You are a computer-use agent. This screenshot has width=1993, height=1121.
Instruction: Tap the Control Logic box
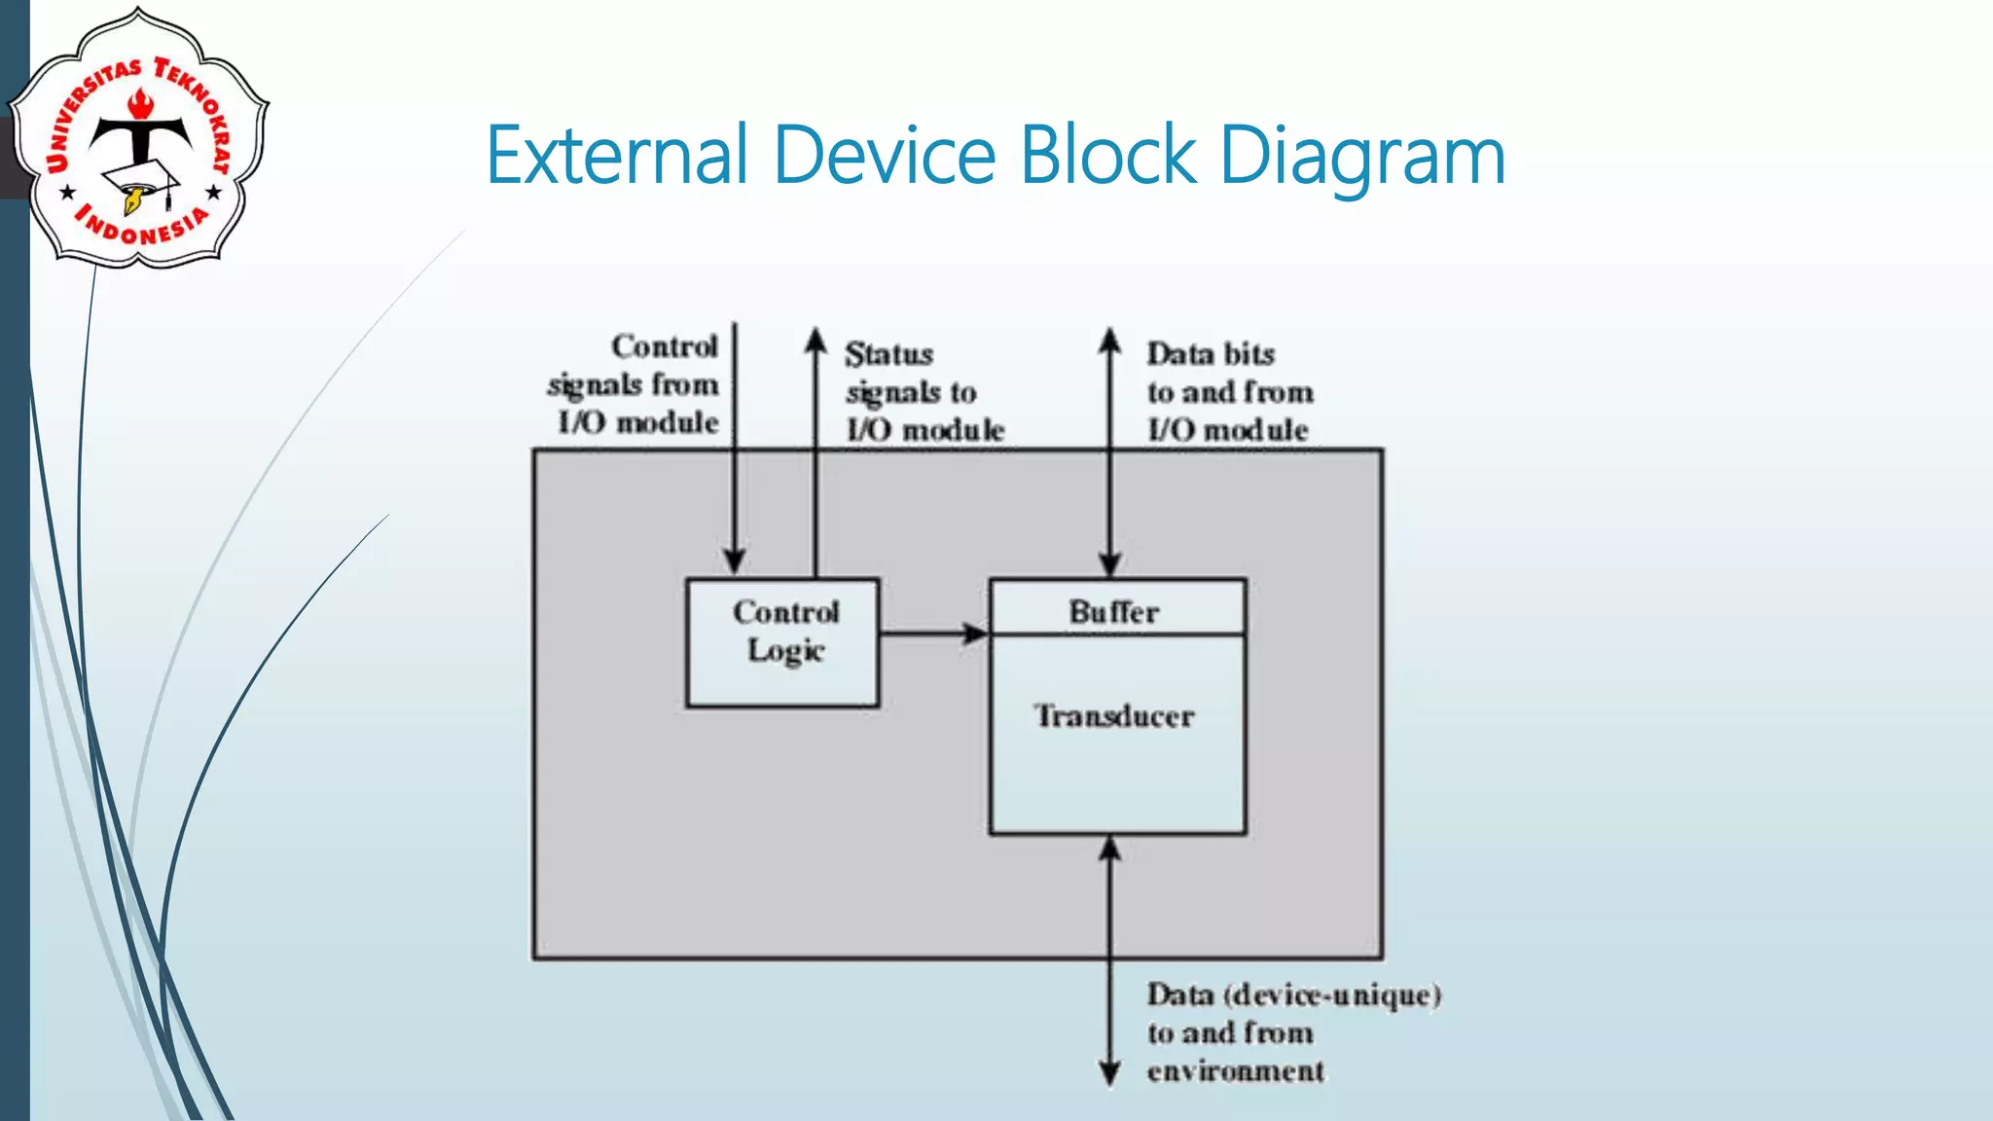click(783, 643)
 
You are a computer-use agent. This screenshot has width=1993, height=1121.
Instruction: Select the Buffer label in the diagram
click(1115, 612)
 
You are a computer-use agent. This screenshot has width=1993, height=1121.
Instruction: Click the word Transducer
click(1115, 717)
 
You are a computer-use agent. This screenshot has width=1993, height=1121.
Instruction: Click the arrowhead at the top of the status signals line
click(815, 341)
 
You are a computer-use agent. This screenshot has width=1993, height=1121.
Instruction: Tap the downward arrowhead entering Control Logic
click(735, 561)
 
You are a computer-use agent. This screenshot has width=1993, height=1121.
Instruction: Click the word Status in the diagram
click(888, 354)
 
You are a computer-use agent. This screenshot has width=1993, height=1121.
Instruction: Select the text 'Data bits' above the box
click(1211, 354)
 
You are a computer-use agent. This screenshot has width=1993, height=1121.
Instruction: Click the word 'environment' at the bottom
click(1235, 1071)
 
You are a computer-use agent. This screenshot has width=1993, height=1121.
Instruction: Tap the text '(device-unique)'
click(1332, 995)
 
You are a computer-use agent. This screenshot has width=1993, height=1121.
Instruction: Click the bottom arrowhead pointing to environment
click(1109, 1073)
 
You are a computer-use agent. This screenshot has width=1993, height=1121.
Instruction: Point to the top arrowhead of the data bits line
click(1109, 341)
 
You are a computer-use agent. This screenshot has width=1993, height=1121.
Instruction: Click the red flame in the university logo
click(142, 101)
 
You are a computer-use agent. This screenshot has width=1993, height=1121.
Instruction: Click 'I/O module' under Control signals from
click(638, 423)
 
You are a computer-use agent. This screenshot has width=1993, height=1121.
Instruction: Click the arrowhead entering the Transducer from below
click(1109, 849)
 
